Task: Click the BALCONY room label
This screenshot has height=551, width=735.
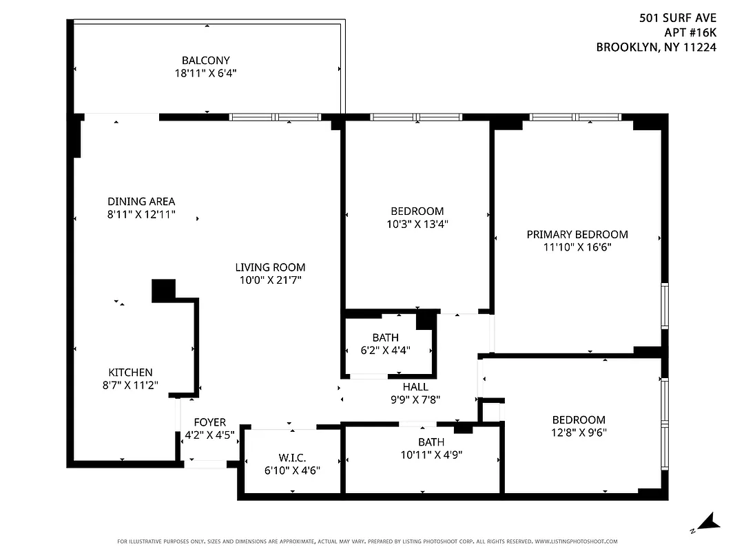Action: coord(205,60)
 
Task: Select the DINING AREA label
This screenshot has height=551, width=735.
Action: coord(141,201)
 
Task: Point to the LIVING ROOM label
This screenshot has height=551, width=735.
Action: coord(270,267)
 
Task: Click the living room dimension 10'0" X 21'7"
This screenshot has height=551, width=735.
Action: coord(270,280)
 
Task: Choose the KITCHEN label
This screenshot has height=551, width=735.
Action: coord(130,372)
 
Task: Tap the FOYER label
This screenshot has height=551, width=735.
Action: coord(209,422)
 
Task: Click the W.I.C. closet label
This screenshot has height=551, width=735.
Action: coord(293,457)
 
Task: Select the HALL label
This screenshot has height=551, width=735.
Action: coord(415,387)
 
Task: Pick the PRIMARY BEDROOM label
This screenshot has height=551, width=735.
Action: coord(577,234)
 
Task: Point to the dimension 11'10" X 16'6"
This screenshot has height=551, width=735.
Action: coord(577,247)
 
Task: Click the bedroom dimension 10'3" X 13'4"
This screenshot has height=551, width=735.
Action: coord(417,223)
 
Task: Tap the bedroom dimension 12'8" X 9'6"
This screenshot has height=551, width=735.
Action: coord(579,433)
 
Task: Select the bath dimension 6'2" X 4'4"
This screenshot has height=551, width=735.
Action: coord(385,350)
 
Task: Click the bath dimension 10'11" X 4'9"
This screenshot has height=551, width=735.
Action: coord(431,455)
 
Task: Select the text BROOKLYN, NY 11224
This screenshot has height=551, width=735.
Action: coord(656,48)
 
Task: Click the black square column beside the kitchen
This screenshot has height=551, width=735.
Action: coord(163,290)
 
